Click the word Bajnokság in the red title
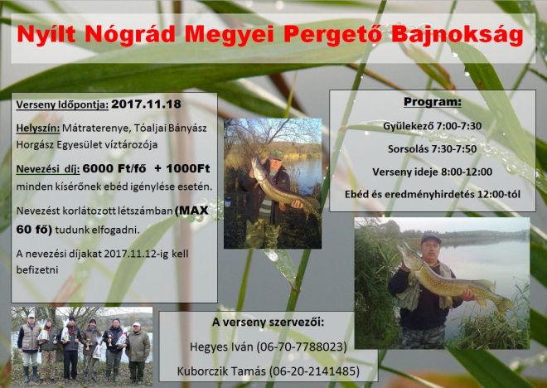pos(457,36)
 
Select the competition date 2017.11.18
pos(146,104)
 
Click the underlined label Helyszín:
pos(38,129)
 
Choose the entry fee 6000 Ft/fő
pos(114,169)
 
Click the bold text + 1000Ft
pos(182,168)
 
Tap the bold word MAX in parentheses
pos(191,211)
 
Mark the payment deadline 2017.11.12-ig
pos(136,254)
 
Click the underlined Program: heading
pos(433,102)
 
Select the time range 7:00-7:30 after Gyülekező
pos(458,126)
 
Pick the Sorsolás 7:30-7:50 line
pos(433,149)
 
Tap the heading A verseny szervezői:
pos(268,322)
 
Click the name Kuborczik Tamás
pos(221,371)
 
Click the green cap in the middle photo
pos(277,154)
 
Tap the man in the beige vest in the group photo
pos(30,346)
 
